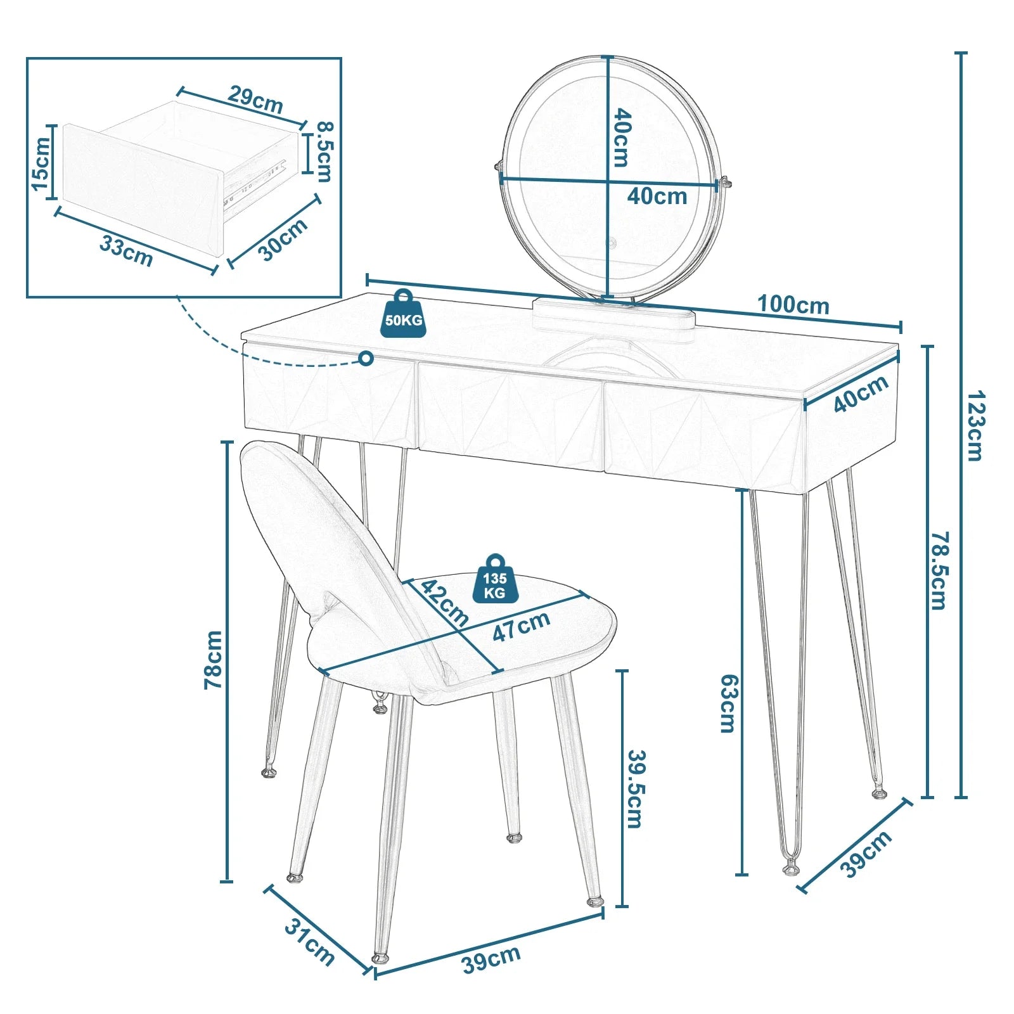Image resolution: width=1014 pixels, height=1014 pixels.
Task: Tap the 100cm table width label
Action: pyautogui.click(x=793, y=305)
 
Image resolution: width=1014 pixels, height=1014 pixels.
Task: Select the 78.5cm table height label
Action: pyautogui.click(x=939, y=570)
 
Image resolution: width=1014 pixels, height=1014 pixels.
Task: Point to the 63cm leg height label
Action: pyautogui.click(x=729, y=703)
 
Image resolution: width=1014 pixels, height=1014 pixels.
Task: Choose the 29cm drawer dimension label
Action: pyautogui.click(x=255, y=99)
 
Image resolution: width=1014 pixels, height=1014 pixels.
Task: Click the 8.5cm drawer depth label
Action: pyautogui.click(x=324, y=151)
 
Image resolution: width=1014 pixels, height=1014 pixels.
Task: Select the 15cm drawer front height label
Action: pyautogui.click(x=41, y=164)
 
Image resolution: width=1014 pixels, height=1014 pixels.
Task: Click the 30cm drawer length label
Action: pyautogui.click(x=283, y=239)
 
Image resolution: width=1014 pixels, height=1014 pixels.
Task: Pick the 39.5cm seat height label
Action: pyautogui.click(x=636, y=789)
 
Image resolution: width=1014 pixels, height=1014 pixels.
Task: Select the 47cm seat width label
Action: pyautogui.click(x=521, y=626)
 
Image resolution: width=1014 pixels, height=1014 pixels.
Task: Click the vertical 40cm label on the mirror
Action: pyautogui.click(x=622, y=138)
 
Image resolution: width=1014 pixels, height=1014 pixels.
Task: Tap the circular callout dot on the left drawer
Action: pyautogui.click(x=366, y=359)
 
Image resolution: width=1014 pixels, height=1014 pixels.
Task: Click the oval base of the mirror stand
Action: pyautogui.click(x=613, y=314)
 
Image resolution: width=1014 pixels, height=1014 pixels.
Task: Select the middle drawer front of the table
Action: pyautogui.click(x=511, y=416)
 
